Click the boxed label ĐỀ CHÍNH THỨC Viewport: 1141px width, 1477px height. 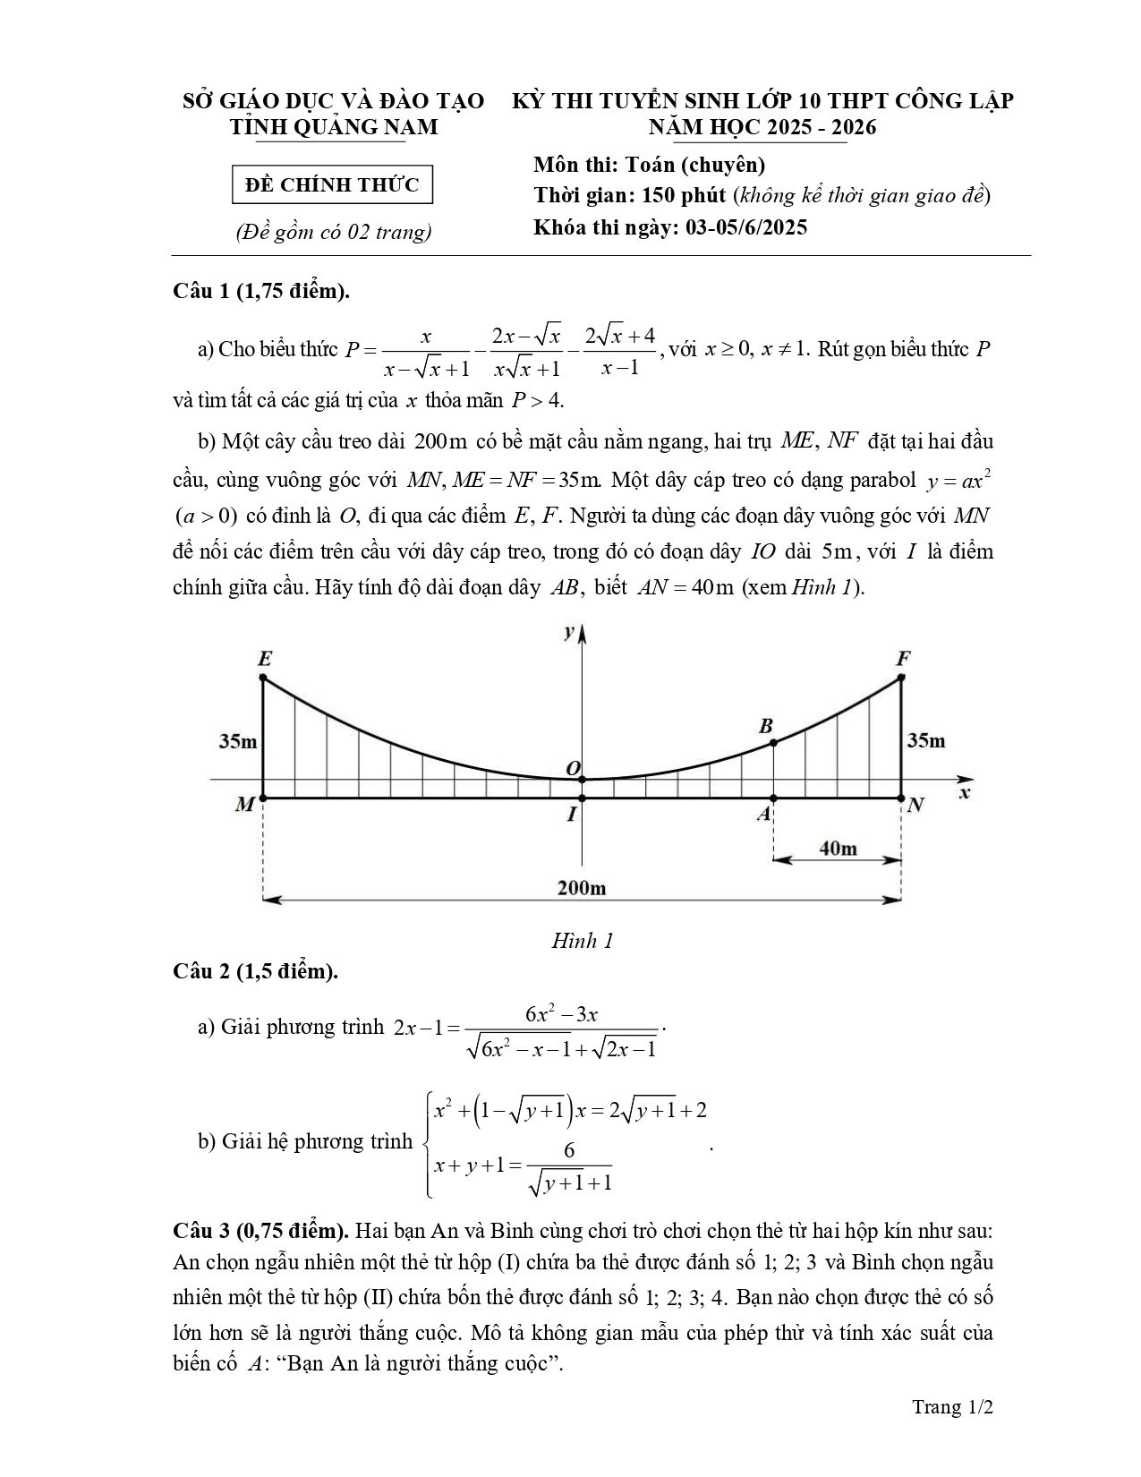[332, 185]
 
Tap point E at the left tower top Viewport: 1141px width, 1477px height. [263, 677]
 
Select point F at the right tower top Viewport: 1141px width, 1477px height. [901, 677]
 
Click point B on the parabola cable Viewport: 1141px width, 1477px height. [773, 742]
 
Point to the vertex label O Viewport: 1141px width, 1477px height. [574, 768]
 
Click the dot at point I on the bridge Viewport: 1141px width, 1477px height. [583, 798]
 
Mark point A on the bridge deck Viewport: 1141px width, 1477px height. [773, 798]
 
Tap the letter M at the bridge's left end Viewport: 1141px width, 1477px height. [244, 805]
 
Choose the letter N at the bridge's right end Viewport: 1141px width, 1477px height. [915, 805]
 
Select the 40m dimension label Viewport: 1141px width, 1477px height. [838, 848]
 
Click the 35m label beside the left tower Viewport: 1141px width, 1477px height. [238, 741]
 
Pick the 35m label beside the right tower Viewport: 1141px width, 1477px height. [925, 740]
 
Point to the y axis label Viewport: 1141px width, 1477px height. [568, 632]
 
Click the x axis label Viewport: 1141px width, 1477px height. [964, 793]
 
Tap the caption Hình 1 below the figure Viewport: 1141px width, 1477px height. [582, 941]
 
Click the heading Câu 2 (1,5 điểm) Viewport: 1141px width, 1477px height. [255, 971]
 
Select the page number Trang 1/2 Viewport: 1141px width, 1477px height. [953, 1407]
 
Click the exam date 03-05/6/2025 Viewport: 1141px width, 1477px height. [746, 227]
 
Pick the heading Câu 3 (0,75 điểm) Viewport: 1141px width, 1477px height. [260, 1230]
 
